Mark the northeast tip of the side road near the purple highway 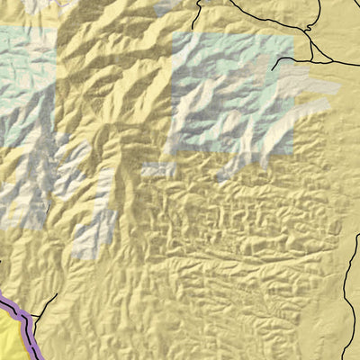click(x=56, y=294)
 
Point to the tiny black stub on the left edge click(x=2, y=260)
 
